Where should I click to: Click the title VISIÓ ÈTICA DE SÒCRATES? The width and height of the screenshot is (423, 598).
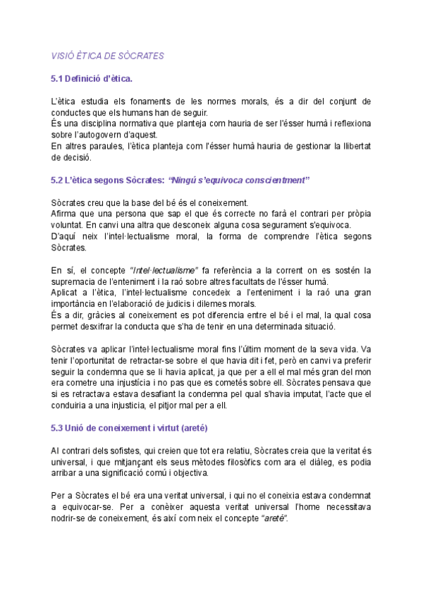[107, 55]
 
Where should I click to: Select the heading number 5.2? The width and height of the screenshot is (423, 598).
[59, 180]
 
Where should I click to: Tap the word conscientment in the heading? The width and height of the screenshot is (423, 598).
[274, 180]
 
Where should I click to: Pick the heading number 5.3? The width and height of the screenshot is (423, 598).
[59, 428]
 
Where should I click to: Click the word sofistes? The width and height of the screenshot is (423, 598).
[131, 450]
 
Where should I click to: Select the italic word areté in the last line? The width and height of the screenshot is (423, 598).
[274, 518]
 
